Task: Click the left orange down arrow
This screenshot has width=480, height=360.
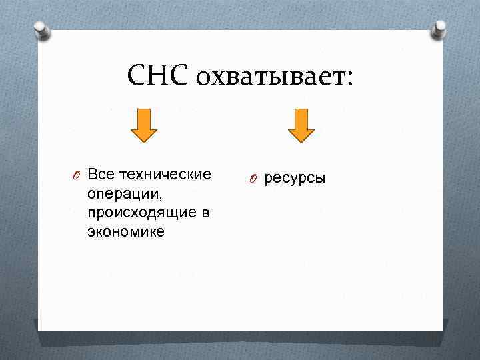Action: coord(143,125)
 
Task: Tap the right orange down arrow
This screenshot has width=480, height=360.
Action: coord(301,125)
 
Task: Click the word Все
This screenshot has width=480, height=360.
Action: coord(101,175)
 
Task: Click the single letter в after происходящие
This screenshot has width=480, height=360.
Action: coord(204,213)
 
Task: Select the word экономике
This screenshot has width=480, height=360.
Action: coord(125,233)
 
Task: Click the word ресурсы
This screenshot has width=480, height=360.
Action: coord(295,178)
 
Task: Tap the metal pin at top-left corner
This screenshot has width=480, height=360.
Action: coord(40,30)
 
